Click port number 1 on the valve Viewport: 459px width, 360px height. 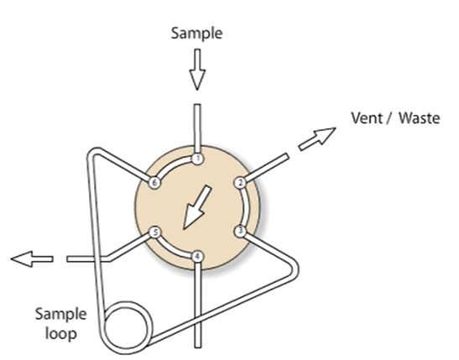[x=198, y=159]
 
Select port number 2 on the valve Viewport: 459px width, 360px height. [x=240, y=183]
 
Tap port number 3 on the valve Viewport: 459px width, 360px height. [x=240, y=232]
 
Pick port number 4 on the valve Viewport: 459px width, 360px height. [x=197, y=257]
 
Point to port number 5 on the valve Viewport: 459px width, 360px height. [x=155, y=232]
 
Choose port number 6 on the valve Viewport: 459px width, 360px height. [x=155, y=183]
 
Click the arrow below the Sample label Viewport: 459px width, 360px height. [x=197, y=70]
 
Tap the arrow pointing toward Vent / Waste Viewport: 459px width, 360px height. [x=316, y=138]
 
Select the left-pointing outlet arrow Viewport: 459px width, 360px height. [x=32, y=258]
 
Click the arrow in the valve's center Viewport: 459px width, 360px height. [x=196, y=207]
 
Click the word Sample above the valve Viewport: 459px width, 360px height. [x=196, y=33]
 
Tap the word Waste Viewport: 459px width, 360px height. [x=420, y=118]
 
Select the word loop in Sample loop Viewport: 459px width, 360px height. [x=61, y=333]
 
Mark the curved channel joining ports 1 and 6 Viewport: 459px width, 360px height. [x=174, y=165]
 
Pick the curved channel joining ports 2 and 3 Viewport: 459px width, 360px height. [x=246, y=207]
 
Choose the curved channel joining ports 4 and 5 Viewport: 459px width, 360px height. [x=172, y=250]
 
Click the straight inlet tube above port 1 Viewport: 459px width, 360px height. [x=198, y=128]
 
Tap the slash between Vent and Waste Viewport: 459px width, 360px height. [x=389, y=118]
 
